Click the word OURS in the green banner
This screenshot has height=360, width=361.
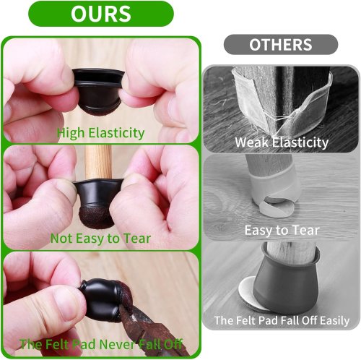coord(101,14)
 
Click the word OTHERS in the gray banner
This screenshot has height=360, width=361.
coord(281,45)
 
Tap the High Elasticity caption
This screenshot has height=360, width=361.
coord(100,133)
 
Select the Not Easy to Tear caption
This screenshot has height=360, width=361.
coord(100,239)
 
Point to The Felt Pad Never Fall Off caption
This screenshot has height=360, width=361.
coord(101,344)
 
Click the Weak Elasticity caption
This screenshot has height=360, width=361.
coord(282,142)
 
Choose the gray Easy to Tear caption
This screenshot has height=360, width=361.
coord(282,231)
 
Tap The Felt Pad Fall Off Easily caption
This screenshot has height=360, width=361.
coord(282,320)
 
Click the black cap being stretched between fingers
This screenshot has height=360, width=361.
coord(99,92)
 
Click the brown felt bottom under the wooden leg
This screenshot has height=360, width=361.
coord(97,216)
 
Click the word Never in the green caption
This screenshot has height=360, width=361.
coord(118,344)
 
